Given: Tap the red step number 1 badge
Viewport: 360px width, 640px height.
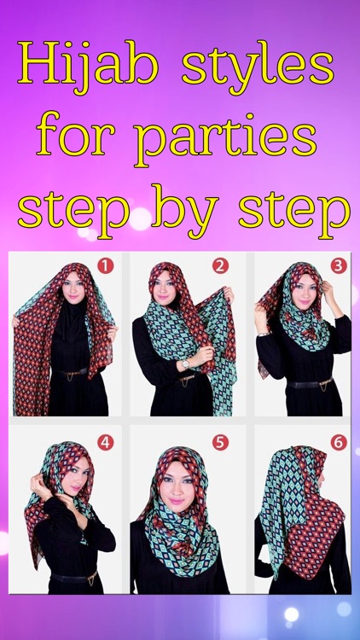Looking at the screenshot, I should pyautogui.click(x=105, y=265).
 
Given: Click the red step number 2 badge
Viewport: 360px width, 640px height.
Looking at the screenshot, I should pyautogui.click(x=220, y=265).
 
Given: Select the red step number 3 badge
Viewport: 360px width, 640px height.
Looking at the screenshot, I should pyautogui.click(x=338, y=265).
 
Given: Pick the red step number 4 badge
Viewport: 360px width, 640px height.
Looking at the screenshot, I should pyautogui.click(x=105, y=442).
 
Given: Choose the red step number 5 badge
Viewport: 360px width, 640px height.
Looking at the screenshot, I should pyautogui.click(x=220, y=442).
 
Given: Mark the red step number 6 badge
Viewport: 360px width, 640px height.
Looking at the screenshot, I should pyautogui.click(x=338, y=442).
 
